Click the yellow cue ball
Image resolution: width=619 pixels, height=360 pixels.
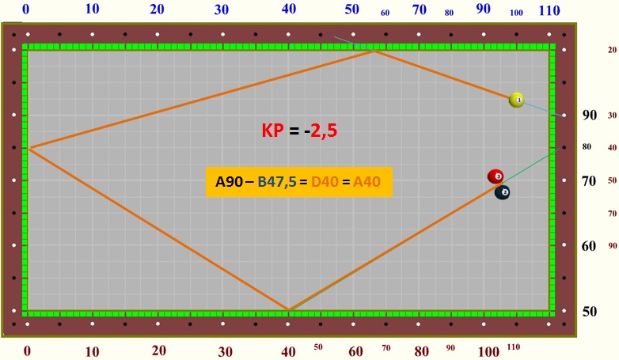coord(517,100)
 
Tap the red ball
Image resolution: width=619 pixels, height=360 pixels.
coord(496,176)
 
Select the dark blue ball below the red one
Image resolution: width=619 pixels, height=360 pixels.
coord(502,192)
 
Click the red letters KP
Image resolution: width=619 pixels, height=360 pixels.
coord(273,131)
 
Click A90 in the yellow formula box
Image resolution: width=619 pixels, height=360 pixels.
coord(229,183)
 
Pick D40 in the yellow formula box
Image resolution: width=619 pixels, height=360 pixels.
coord(325,183)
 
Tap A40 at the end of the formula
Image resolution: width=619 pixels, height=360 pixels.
coord(367,183)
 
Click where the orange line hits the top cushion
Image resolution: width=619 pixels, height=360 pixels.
coord(373,51)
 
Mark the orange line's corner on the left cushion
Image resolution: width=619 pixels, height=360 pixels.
coord(29,148)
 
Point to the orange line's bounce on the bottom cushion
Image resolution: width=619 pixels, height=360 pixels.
coord(288,309)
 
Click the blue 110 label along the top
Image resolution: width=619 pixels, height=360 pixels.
coord(549,11)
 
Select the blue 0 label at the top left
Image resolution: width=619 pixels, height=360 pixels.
coord(26,9)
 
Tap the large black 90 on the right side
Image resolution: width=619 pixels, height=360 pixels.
coord(590,116)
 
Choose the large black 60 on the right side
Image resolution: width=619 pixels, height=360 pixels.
coord(590,246)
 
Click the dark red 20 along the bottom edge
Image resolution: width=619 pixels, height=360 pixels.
coord(159,351)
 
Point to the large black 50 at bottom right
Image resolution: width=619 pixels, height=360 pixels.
coord(590,311)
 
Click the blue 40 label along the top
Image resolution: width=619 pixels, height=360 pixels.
coord(288,9)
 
